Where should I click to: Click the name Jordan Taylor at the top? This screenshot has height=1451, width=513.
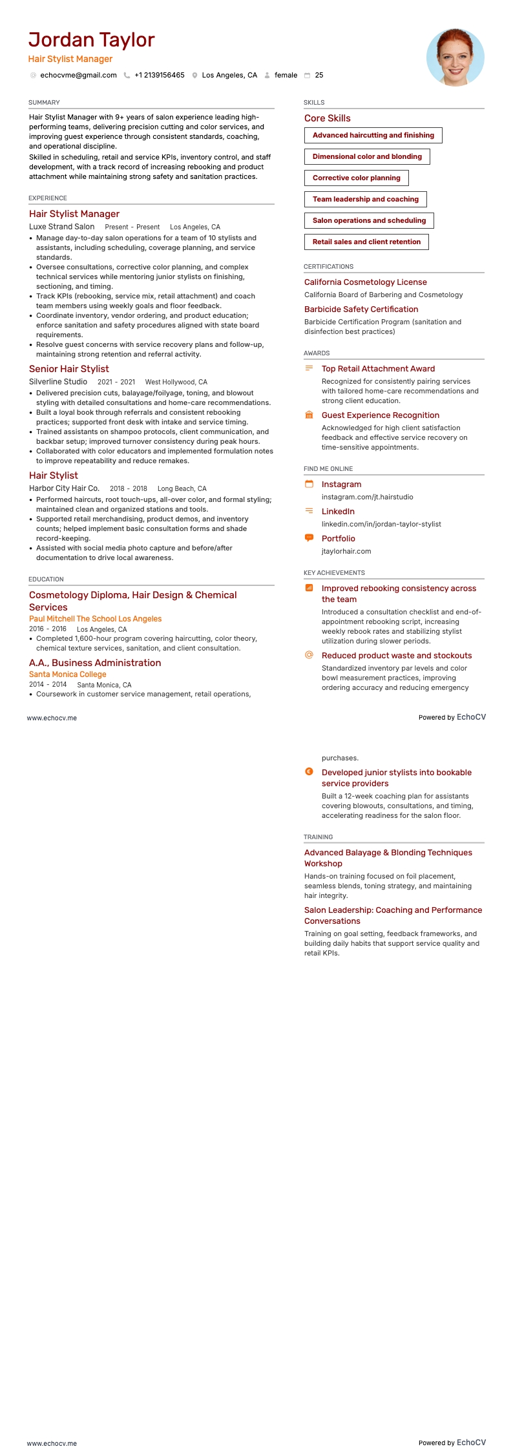(91, 40)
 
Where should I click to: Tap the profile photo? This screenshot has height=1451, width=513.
(455, 57)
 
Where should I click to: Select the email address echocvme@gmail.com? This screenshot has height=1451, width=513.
(78, 76)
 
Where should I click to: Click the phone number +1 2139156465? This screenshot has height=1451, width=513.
(159, 76)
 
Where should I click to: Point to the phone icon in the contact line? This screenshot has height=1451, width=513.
(127, 76)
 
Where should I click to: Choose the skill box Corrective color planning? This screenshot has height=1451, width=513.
(356, 178)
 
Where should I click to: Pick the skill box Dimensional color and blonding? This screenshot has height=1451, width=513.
(367, 156)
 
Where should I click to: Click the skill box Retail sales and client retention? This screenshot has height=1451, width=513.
(366, 242)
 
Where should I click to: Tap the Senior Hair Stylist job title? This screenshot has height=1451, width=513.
(69, 369)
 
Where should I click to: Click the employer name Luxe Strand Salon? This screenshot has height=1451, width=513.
(62, 227)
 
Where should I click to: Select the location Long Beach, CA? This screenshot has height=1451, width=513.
(182, 489)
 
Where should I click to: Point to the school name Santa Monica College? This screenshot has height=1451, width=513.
(68, 674)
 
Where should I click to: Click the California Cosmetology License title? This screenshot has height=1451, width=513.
(366, 282)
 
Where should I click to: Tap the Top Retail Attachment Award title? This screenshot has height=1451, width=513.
(378, 369)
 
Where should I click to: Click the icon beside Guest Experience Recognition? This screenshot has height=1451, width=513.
(309, 415)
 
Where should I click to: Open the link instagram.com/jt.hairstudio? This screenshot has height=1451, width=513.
(368, 497)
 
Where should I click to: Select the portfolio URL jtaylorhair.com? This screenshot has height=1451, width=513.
(346, 552)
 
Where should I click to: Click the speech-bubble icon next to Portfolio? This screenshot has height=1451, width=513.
(309, 538)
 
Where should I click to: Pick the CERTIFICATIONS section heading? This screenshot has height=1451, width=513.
(328, 267)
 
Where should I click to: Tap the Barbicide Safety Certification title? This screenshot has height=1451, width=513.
(361, 309)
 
